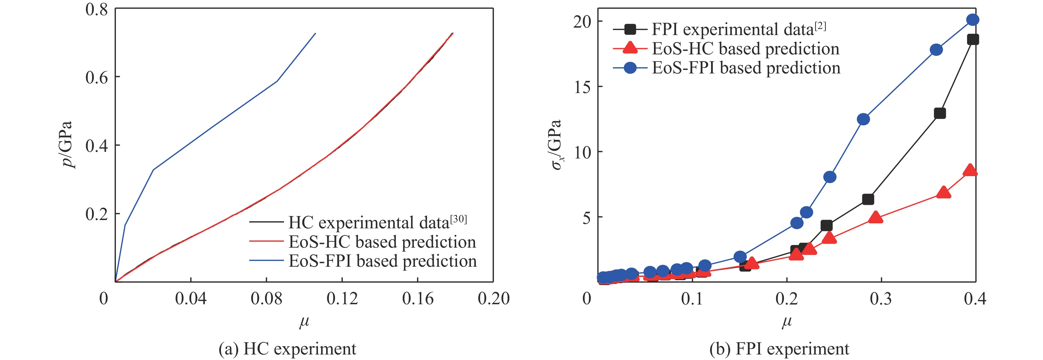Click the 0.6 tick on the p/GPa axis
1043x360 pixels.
tap(96, 77)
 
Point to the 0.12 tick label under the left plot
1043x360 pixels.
tap(342, 299)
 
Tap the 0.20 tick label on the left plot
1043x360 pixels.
tap(494, 299)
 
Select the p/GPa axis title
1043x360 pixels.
tap(65, 145)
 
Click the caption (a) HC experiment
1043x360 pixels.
tap(288, 349)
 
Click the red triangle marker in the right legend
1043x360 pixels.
tap(630, 48)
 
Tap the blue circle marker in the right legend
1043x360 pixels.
tap(630, 68)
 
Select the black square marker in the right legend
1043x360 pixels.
tap(630, 29)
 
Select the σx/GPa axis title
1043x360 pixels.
tap(556, 145)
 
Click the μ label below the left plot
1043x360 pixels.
tap(304, 322)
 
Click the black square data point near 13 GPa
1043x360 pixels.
tap(940, 113)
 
